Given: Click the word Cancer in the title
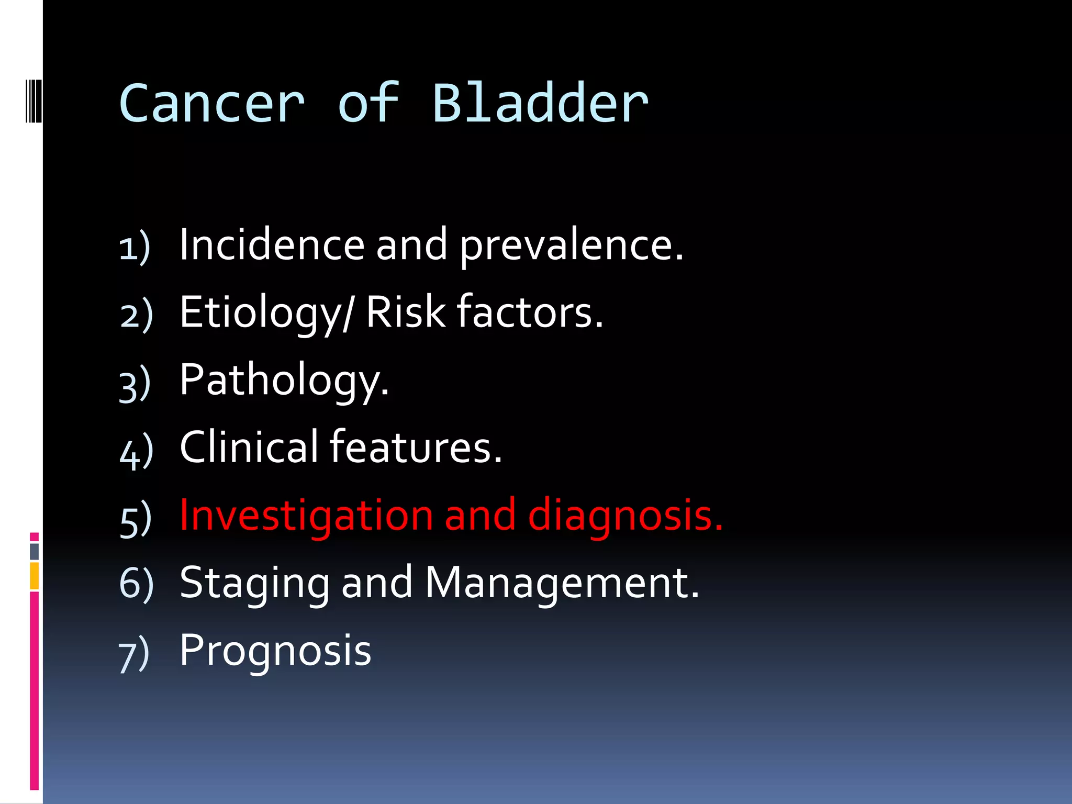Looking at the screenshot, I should pyautogui.click(x=211, y=104).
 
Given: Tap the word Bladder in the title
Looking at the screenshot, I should pyautogui.click(x=540, y=103).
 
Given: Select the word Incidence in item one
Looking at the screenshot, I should pyautogui.click(x=272, y=244).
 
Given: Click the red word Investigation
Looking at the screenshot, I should pyautogui.click(x=306, y=516).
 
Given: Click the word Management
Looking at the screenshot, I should pyautogui.click(x=562, y=584).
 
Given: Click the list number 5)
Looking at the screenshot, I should pyautogui.click(x=136, y=520).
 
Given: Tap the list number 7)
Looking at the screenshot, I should pyautogui.click(x=134, y=655).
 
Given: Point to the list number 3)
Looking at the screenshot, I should pyautogui.click(x=135, y=385).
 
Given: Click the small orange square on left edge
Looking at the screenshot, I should pyautogui.click(x=34, y=576).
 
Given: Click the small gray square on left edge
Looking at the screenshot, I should pyautogui.click(x=34, y=551).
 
